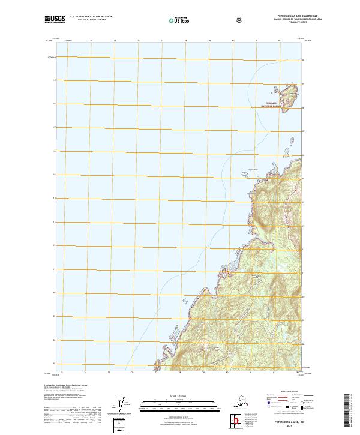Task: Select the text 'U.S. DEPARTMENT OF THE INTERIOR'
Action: [x=91, y=17]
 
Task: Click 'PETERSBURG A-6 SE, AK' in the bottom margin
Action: [x=281, y=422]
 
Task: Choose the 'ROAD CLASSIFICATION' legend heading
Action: [x=283, y=389]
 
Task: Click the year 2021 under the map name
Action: [x=281, y=427]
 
